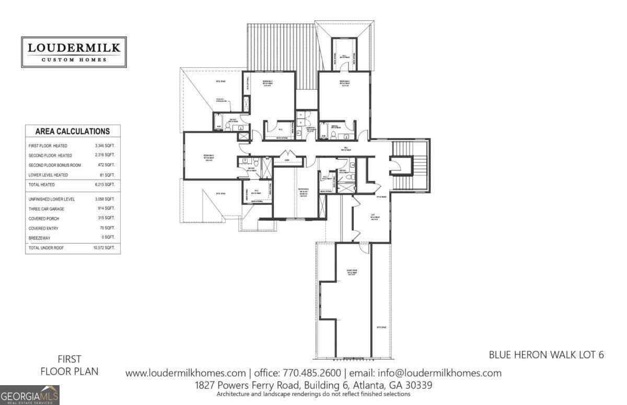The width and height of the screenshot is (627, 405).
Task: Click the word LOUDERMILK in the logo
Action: click(x=74, y=48)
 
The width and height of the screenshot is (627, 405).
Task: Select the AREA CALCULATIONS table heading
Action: click(x=72, y=132)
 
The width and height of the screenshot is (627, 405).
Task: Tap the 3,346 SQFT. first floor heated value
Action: click(x=104, y=146)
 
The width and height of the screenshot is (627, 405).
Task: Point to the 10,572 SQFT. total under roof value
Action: click(x=104, y=247)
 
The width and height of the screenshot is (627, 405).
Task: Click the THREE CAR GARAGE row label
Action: click(x=48, y=209)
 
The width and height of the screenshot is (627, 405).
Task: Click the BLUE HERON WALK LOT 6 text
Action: click(x=546, y=355)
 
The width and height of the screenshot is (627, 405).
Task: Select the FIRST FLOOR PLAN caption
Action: click(x=69, y=365)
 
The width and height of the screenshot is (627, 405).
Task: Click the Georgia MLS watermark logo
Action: click(x=30, y=395)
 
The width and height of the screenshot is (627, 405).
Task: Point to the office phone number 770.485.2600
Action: click(x=312, y=373)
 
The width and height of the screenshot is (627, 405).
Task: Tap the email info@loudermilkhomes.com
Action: click(x=426, y=373)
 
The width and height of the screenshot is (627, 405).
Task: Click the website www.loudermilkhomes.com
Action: click(x=185, y=373)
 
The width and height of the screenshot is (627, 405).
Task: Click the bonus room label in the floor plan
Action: click(x=353, y=272)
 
